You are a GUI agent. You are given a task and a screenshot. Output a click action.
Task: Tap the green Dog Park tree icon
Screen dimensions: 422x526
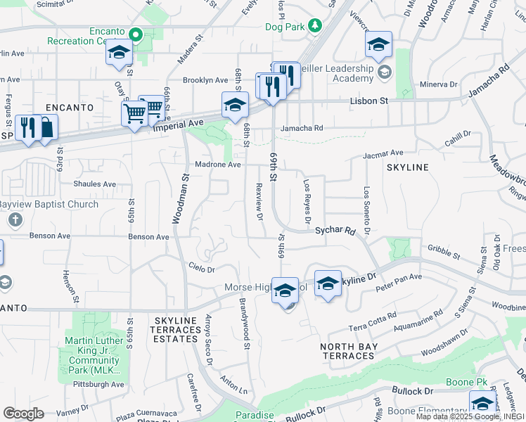click(x=316, y=26)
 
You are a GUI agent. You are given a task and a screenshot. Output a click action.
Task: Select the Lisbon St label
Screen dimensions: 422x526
click(x=369, y=101)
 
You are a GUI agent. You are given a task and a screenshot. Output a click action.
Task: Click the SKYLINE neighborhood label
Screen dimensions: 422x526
click(x=407, y=167)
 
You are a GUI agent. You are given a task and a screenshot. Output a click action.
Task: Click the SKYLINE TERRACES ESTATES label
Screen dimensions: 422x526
click(x=175, y=329)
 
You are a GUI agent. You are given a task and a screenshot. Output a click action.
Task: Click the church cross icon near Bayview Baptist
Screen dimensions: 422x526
click(x=15, y=220)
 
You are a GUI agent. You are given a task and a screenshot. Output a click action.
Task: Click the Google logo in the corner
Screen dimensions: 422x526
click(x=23, y=414)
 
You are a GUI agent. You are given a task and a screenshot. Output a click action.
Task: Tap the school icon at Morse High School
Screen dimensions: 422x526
click(x=284, y=290)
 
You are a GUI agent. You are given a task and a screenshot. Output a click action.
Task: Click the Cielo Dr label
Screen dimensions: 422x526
click(x=201, y=267)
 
